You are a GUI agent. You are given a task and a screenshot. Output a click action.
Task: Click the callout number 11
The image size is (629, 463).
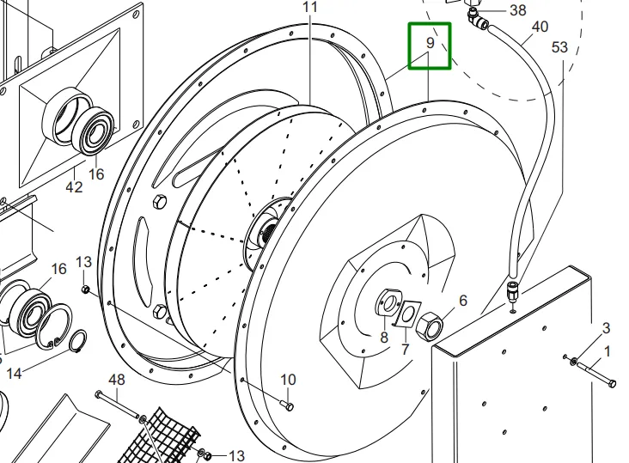click(x=310, y=7)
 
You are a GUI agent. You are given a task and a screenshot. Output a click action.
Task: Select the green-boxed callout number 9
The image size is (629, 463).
click(x=430, y=44)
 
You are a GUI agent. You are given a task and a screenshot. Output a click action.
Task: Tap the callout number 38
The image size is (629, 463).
click(x=517, y=10)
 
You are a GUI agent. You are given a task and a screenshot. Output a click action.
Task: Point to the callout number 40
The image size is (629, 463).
click(x=540, y=27)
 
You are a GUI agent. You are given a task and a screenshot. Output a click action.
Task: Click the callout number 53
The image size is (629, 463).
click(x=560, y=47)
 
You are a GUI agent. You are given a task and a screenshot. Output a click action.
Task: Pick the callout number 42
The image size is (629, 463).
click(x=74, y=186)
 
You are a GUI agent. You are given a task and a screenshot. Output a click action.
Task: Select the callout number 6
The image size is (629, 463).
click(x=462, y=301)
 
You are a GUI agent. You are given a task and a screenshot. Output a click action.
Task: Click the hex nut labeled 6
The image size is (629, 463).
click(x=429, y=327)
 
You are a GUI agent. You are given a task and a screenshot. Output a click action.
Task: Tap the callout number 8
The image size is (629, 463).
click(x=384, y=338)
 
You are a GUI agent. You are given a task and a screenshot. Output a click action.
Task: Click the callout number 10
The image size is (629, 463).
click(x=288, y=380)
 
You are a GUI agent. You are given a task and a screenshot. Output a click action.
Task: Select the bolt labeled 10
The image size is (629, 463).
click(x=286, y=403)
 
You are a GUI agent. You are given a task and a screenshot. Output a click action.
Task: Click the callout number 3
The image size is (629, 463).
click(x=606, y=328)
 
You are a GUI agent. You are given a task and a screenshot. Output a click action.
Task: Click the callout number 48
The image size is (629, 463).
click(x=118, y=380)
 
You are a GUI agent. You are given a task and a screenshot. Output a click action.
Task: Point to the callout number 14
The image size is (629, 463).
click(x=14, y=375)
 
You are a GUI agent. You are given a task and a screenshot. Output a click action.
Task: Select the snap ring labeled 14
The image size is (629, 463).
click(x=76, y=342)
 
